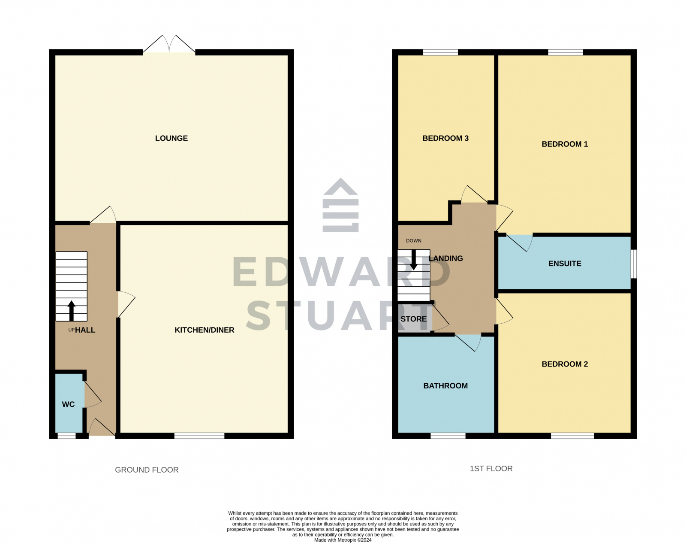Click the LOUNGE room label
pos(171,138)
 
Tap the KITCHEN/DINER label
pos(204,330)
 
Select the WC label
pos(68,404)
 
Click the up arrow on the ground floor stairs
pos(72,310)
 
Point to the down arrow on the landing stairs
pos(414,259)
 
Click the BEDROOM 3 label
pos(445,138)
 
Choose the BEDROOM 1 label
pos(565,144)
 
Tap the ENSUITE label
pos(565,264)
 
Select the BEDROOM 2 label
pos(565,364)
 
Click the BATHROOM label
pos(445,386)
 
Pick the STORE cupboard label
pos(413,319)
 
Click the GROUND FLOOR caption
pos(147,470)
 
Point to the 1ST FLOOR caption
pos(491,469)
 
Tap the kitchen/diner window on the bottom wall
pos(199,436)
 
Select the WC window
pos(66,436)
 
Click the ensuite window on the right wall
pos(634,264)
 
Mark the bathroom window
pos(448,436)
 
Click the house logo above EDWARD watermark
pos(340,205)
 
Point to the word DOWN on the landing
pos(414,241)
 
